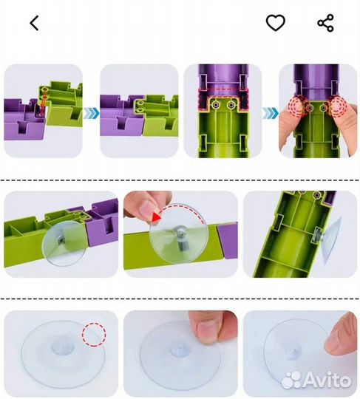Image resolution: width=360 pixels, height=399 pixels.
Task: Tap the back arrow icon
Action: pyautogui.click(x=34, y=23)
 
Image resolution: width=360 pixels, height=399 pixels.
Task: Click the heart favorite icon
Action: pyautogui.click(x=276, y=23)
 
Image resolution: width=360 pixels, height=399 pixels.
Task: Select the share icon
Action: pyautogui.click(x=326, y=23)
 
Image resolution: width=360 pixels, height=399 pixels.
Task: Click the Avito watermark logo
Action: pyautogui.click(x=316, y=381)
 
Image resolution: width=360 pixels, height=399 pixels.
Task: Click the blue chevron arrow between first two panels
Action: pyautogui.click(x=92, y=113)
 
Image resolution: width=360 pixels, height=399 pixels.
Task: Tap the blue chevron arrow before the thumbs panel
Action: pyautogui.click(x=271, y=113)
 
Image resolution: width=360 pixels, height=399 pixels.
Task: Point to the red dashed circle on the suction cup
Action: pyautogui.click(x=94, y=335)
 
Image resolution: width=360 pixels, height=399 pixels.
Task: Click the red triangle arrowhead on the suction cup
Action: pyautogui.click(x=157, y=217)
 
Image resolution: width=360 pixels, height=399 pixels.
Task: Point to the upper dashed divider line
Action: pyautogui.click(x=180, y=180)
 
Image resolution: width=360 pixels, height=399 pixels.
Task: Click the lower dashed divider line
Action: pyautogui.click(x=180, y=299)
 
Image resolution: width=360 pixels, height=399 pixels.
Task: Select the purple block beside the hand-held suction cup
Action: pyautogui.click(x=228, y=240)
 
